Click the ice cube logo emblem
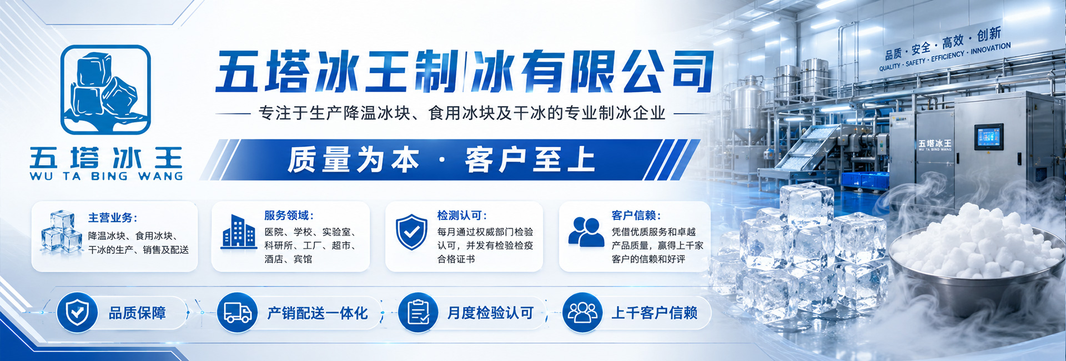pyautogui.click(x=105, y=89)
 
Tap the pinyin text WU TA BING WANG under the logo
pyautogui.click(x=106, y=176)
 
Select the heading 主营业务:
pyautogui.click(x=113, y=218)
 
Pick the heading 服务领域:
pyautogui.click(x=289, y=215)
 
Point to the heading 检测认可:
pyautogui.click(x=462, y=215)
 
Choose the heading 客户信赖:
pyautogui.click(x=636, y=215)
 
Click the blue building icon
pyautogui.click(x=239, y=231)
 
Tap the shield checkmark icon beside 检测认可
pyautogui.click(x=411, y=232)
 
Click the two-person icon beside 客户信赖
pyautogui.click(x=586, y=232)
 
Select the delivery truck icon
pyautogui.click(x=238, y=313)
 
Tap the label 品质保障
pyautogui.click(x=137, y=313)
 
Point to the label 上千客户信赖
pyautogui.click(x=654, y=313)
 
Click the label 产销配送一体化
pyautogui.click(x=318, y=313)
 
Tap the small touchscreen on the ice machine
pyautogui.click(x=988, y=137)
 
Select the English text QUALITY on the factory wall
pyautogui.click(x=889, y=67)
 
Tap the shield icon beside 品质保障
pyautogui.click(x=77, y=313)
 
